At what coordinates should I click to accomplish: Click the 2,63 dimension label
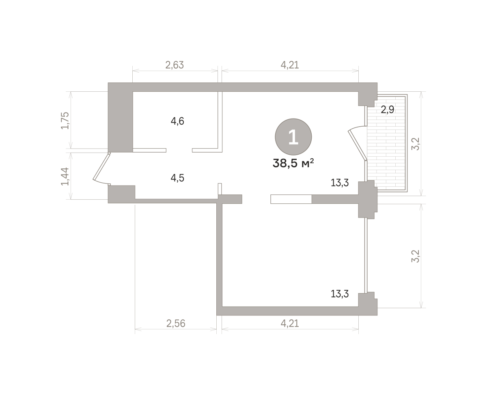tap(175, 65)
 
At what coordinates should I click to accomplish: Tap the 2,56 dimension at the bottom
tap(176, 324)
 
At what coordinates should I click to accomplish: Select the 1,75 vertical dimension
tap(65, 121)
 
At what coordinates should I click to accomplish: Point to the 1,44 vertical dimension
tap(65, 177)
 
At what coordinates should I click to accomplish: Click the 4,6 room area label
tap(177, 121)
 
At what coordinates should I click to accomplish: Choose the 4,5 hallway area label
tap(177, 178)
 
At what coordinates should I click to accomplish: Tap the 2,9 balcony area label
tap(387, 110)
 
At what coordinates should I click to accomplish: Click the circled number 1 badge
tap(293, 137)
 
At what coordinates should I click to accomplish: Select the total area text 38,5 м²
tap(293, 164)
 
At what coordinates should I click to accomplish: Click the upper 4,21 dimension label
tap(290, 65)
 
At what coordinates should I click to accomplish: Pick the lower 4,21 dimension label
tap(290, 324)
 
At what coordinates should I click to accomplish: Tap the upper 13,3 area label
tap(340, 183)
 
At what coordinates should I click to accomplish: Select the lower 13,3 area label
tap(340, 294)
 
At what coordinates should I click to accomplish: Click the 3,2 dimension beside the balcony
tap(416, 144)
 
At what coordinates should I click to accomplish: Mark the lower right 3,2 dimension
tap(416, 256)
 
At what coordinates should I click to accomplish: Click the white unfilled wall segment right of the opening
tap(291, 199)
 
